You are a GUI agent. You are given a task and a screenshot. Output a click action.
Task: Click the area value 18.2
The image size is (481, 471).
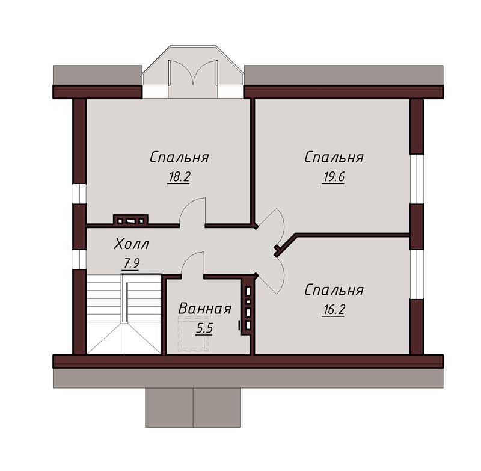pyautogui.click(x=179, y=177)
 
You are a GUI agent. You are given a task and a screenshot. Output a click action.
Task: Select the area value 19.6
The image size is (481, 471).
pyautogui.click(x=334, y=177)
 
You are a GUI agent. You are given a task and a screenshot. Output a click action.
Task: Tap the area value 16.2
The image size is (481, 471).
pyautogui.click(x=334, y=310)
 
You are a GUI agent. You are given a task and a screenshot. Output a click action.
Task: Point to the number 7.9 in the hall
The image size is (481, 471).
pyautogui.click(x=131, y=263)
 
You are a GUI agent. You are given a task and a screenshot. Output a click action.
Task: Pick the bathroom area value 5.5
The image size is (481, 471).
pyautogui.click(x=204, y=328)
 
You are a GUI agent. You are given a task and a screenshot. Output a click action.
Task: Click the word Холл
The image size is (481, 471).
pyautogui.click(x=131, y=244)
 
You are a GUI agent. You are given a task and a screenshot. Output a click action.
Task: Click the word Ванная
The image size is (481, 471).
pyautogui.click(x=204, y=309)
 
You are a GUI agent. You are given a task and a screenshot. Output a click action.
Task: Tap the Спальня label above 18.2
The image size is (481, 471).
pyautogui.click(x=179, y=158)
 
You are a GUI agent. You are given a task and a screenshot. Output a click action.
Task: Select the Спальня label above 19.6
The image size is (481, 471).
pyautogui.click(x=334, y=158)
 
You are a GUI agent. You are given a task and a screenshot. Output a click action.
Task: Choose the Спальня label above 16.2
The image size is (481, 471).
pyautogui.click(x=334, y=291)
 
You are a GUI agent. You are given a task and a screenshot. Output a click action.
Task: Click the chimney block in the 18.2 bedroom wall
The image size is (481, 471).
pyautogui.click(x=130, y=220)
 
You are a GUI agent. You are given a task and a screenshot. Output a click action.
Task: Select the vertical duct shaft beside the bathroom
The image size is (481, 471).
pyautogui.click(x=248, y=307)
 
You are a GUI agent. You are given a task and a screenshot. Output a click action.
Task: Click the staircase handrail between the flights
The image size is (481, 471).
pyautogui.click(x=124, y=298)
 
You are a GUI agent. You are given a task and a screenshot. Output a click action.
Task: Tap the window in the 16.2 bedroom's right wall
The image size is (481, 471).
pyautogui.click(x=417, y=274)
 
